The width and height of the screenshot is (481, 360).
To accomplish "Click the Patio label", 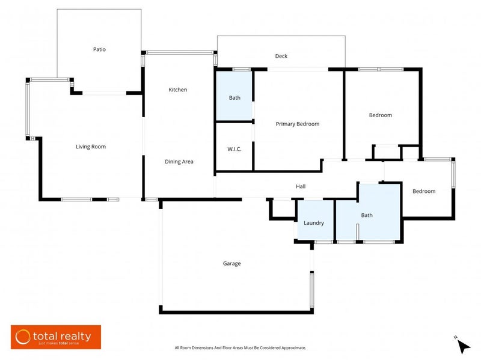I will pos(99,49).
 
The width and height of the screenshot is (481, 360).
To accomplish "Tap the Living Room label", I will pos(91,147).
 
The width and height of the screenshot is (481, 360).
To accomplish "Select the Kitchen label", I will pos(177,90).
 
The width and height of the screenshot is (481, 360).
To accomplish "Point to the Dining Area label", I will pos(179,162).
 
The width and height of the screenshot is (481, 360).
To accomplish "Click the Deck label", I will pos(281,56).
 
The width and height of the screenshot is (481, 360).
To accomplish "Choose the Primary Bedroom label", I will pos(297,124).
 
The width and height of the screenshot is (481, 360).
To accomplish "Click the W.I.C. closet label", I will pos(234,148).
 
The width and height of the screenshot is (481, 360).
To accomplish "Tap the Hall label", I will pos(301,186).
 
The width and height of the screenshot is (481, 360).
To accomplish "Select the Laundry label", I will pos(314,223).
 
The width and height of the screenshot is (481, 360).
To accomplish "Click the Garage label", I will pos(232,263).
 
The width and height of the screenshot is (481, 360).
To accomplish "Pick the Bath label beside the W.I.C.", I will pos(234,98).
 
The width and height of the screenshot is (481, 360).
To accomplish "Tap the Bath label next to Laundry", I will pos(367,215).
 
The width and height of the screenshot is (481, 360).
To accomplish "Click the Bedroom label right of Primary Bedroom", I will pos(380,115).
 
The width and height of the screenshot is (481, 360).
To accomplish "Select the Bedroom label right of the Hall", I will pos(423,191).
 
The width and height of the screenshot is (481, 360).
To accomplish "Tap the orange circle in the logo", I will pos(23,337).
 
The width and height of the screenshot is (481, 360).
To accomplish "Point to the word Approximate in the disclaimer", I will pos(292,348).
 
